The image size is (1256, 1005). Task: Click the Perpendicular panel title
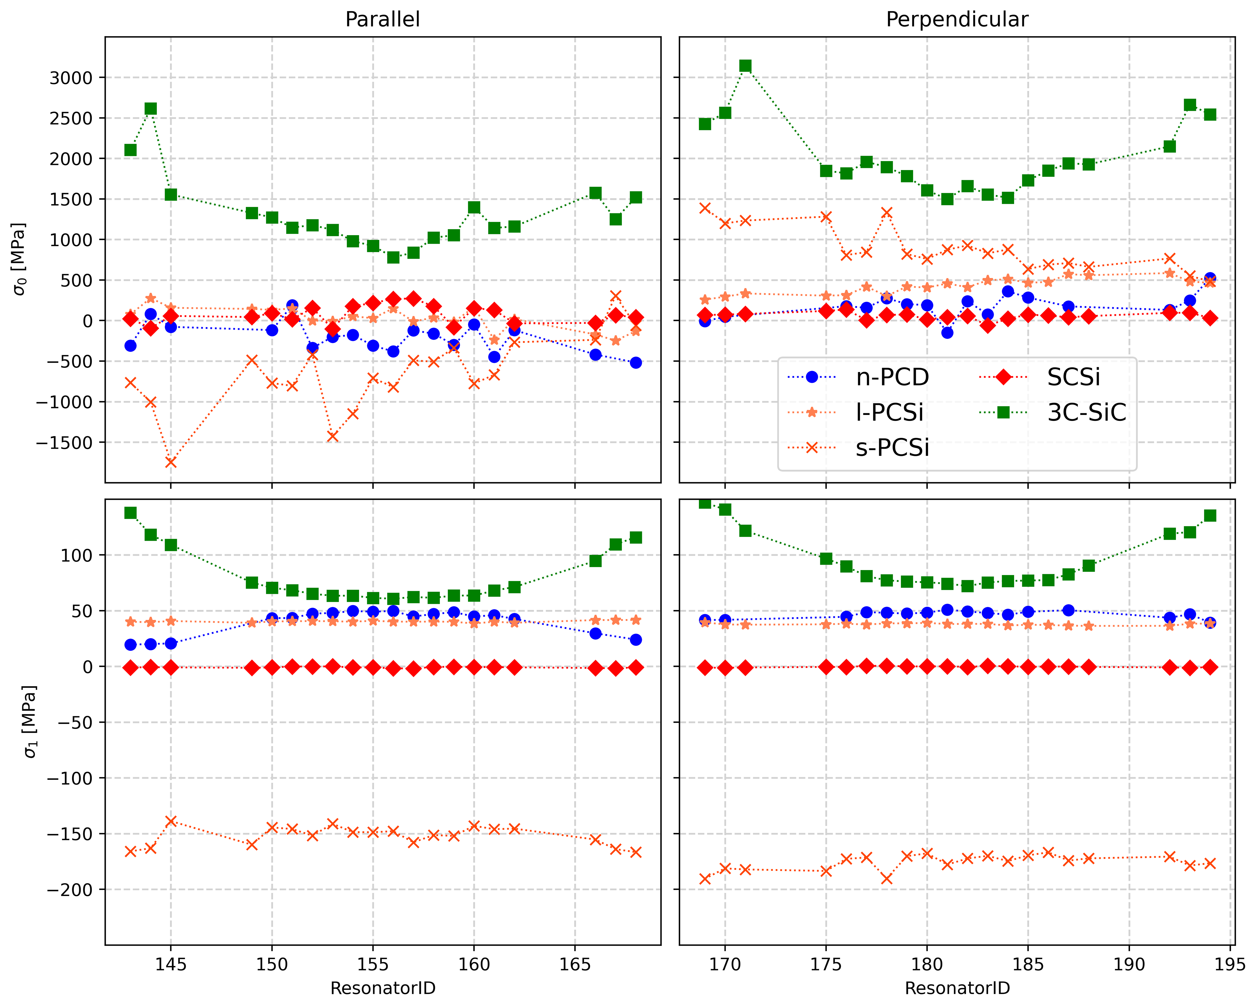(957, 19)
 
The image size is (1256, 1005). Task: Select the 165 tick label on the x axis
(575, 964)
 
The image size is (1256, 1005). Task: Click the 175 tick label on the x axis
(826, 964)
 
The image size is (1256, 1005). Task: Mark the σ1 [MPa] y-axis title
(29, 721)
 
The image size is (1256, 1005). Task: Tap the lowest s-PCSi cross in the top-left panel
(171, 462)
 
